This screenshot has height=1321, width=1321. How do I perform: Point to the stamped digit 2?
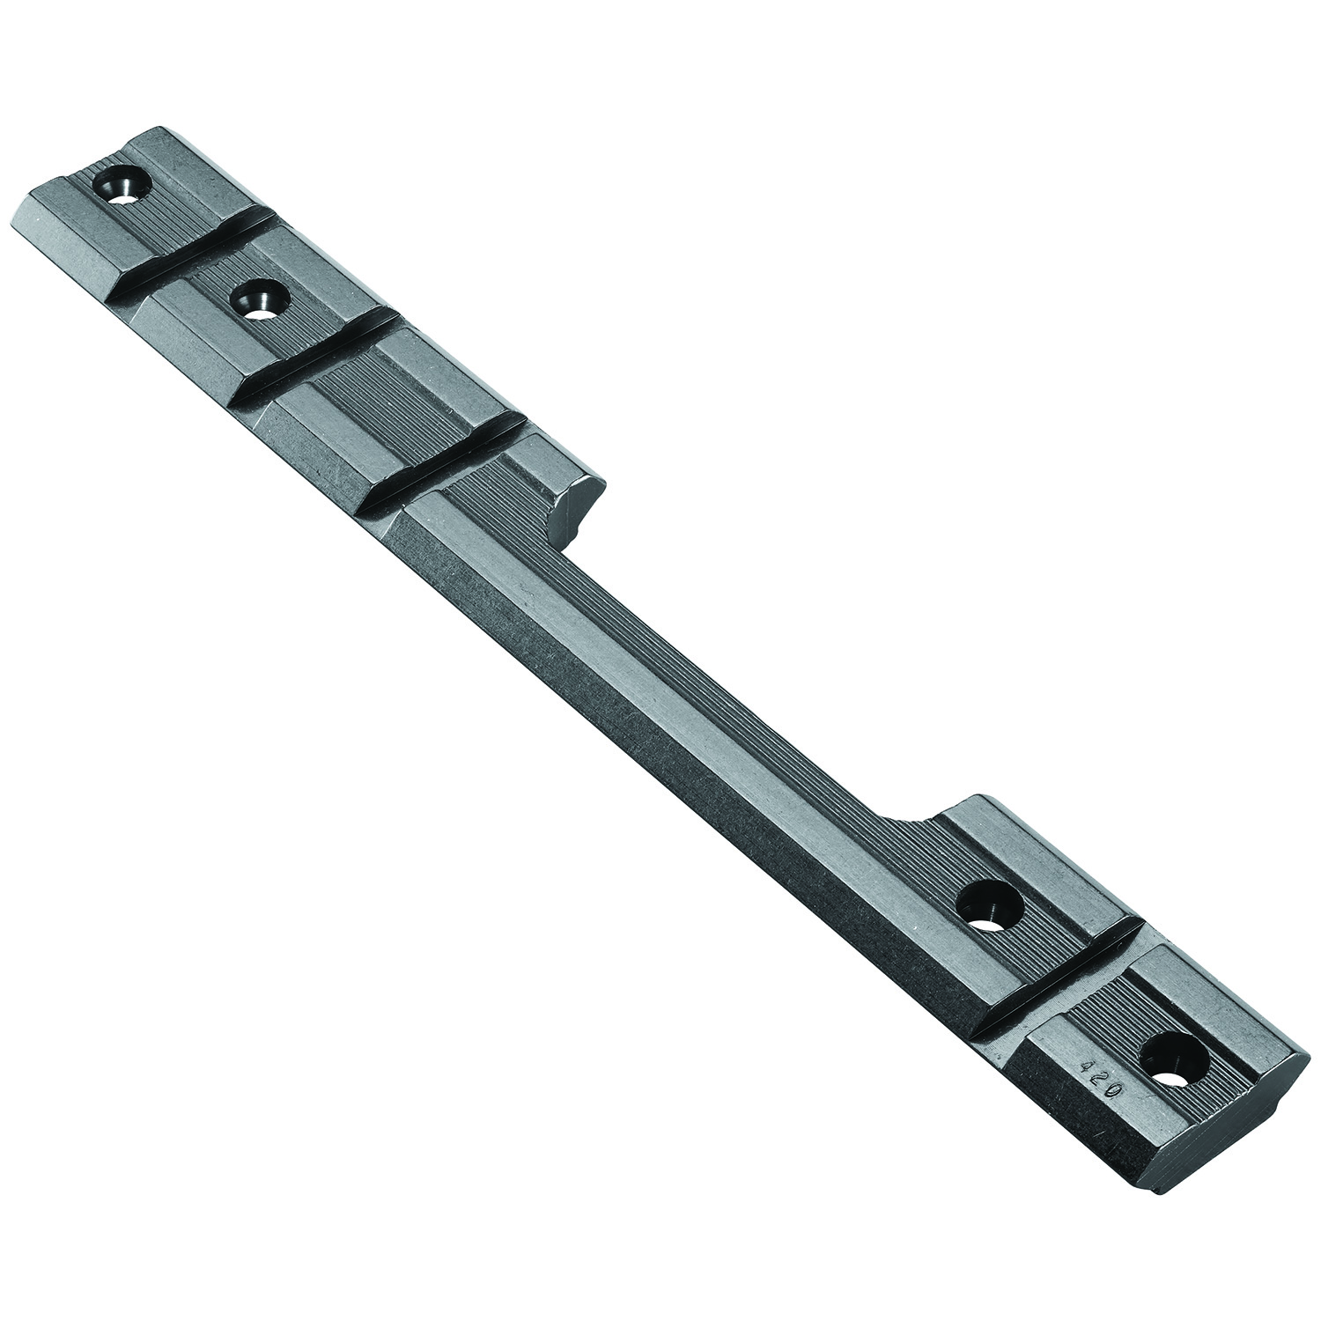pyautogui.click(x=1093, y=1080)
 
